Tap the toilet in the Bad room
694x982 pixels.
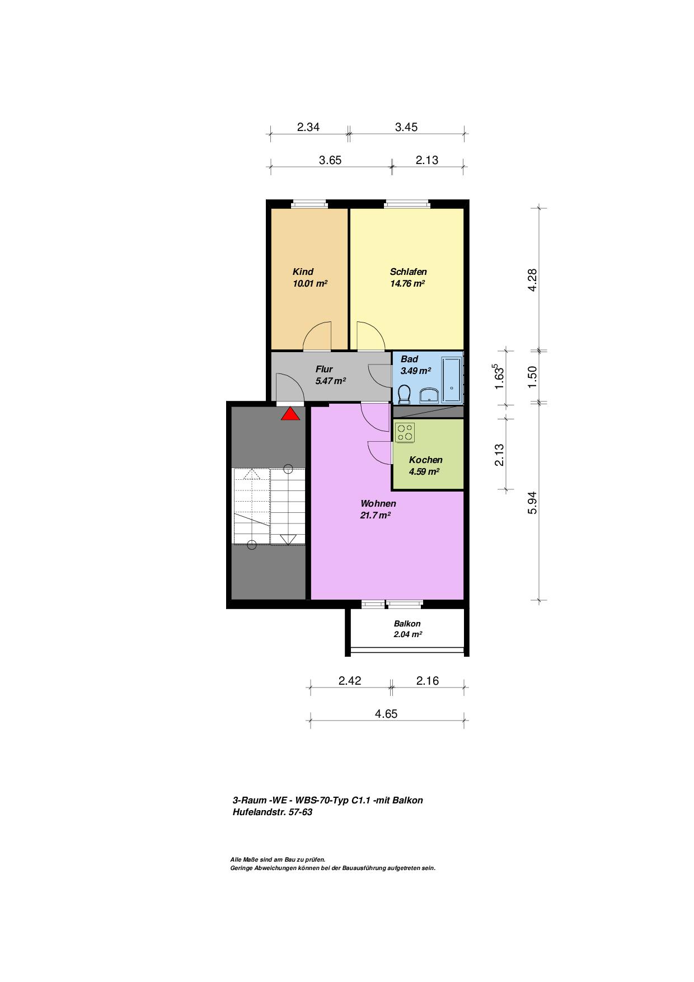[404, 395]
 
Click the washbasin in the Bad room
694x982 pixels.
[429, 395]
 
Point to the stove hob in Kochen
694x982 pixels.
[405, 432]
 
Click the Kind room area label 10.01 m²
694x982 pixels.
[310, 283]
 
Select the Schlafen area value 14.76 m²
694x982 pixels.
[407, 283]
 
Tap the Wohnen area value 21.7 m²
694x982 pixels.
[376, 515]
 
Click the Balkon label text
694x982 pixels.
[407, 624]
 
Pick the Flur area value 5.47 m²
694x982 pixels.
[331, 381]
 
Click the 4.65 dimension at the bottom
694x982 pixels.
[386, 714]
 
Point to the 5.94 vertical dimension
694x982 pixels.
[532, 503]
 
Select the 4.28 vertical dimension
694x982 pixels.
[532, 279]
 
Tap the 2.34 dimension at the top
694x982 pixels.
[308, 127]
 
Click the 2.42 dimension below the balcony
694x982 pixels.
[350, 681]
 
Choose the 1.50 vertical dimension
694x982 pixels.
[532, 377]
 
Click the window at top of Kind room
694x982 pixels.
[309, 204]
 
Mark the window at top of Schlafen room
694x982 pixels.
[407, 204]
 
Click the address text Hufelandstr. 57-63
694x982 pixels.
[273, 812]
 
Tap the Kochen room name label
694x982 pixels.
[425, 460]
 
